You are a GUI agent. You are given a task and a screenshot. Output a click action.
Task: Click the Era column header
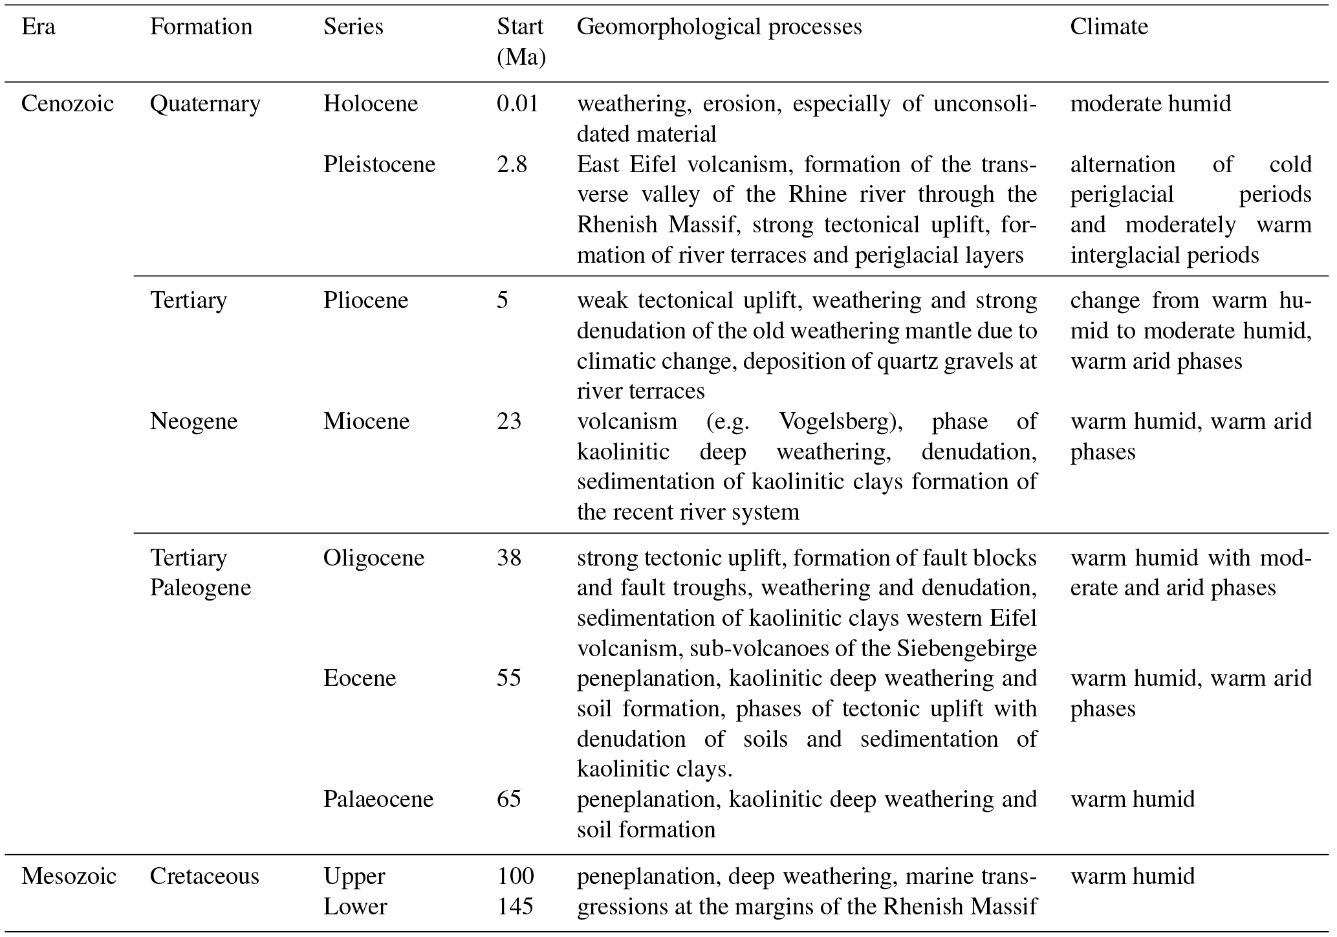point(38,27)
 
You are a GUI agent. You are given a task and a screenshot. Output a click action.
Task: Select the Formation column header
point(201,27)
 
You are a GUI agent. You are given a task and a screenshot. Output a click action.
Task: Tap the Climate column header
point(1109,27)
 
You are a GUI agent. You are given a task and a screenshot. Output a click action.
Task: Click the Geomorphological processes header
point(719,27)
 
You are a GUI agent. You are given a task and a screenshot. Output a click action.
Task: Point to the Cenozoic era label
point(67,104)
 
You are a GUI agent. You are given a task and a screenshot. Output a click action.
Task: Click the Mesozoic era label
point(69,876)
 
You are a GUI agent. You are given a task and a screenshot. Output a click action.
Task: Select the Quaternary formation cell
point(205,104)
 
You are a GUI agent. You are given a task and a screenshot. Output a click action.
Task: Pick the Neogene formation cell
point(193,421)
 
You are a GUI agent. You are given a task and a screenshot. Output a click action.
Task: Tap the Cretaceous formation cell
point(204,876)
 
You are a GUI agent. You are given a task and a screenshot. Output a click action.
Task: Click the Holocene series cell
point(371,104)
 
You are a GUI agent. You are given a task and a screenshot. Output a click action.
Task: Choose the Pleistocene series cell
point(379,164)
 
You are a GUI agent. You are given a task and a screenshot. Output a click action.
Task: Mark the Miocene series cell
point(366,421)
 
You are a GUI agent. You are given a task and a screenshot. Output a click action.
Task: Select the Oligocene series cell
point(374,558)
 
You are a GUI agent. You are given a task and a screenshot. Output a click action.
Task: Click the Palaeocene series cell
point(378,799)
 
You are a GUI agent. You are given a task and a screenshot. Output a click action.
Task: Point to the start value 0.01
point(517,104)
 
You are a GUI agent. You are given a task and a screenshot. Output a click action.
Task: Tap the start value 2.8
point(512,164)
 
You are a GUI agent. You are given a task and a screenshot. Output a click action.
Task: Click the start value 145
point(515,907)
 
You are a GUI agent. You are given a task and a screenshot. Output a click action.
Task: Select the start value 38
point(509,558)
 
